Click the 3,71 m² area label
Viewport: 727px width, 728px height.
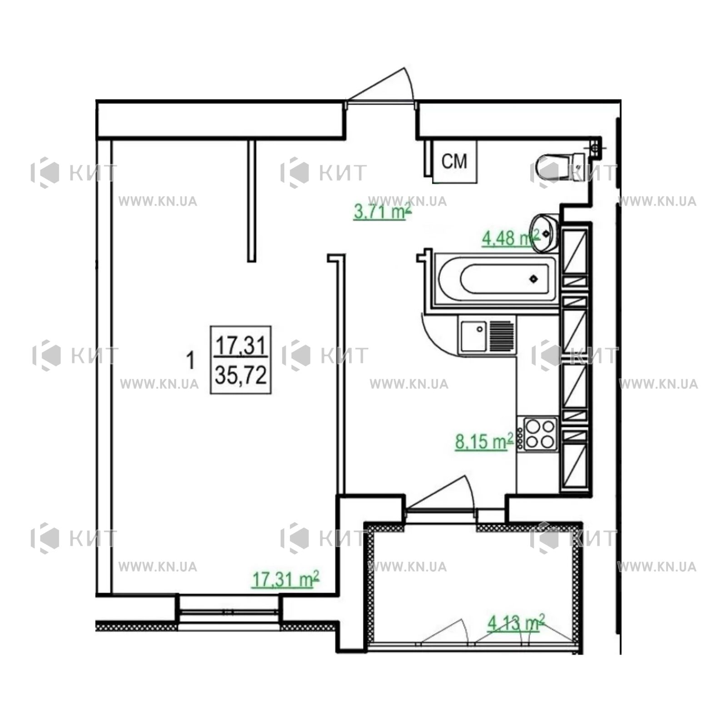click(383, 212)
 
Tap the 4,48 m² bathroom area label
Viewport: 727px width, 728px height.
click(510, 238)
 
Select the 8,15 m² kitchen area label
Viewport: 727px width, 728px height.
click(484, 441)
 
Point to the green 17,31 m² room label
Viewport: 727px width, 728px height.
click(286, 579)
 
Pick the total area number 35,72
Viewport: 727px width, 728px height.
click(241, 376)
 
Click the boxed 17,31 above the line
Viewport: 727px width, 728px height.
click(241, 346)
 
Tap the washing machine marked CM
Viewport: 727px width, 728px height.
click(454, 162)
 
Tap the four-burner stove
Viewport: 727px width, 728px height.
click(541, 434)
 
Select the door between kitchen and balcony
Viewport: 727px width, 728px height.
click(441, 495)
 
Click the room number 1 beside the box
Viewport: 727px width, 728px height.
click(191, 361)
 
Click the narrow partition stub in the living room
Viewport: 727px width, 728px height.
click(251, 201)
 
